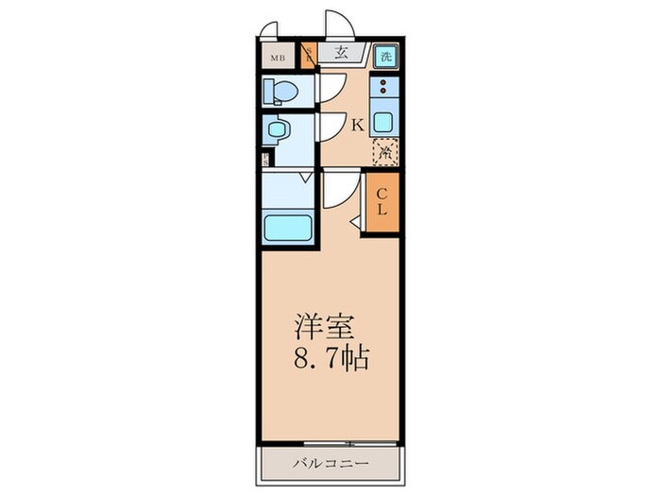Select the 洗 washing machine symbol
tap(384, 56)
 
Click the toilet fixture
tap(281, 91)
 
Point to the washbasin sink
tap(278, 129)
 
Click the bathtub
tap(288, 227)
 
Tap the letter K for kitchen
tap(358, 124)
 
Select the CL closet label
tap(382, 202)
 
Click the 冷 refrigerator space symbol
tap(383, 149)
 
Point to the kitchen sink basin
tap(383, 121)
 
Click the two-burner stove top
tap(383, 91)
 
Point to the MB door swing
tap(272, 30)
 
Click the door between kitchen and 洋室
tap(338, 190)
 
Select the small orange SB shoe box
tap(308, 57)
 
